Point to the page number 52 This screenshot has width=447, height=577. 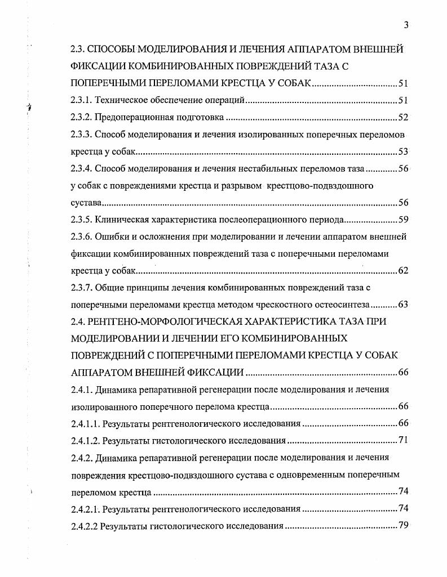[x=402, y=118]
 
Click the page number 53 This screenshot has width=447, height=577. [x=402, y=151]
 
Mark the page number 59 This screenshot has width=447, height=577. [x=402, y=220]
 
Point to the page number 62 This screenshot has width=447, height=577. [x=402, y=270]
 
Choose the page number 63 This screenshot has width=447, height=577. [x=402, y=305]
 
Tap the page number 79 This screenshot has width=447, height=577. [x=402, y=526]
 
